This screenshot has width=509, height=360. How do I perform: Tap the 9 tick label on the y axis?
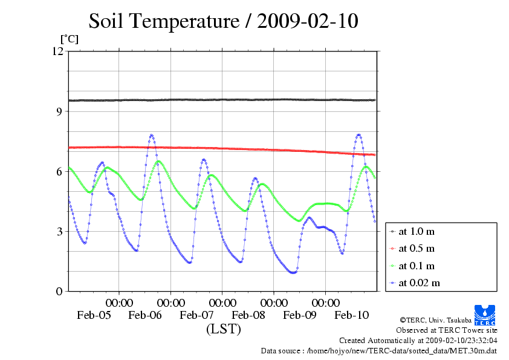(x=59, y=111)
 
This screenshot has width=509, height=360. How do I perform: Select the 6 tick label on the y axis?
(x=59, y=171)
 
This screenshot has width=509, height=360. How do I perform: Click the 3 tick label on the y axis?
(x=59, y=231)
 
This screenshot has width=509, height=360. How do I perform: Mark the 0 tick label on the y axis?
(x=59, y=291)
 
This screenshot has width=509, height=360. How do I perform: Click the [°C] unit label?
(x=69, y=39)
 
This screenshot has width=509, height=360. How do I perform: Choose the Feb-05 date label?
(x=94, y=315)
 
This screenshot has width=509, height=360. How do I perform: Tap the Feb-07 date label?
(x=197, y=315)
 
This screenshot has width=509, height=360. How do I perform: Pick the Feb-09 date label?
(x=300, y=315)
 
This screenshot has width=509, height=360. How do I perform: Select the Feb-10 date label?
(x=352, y=315)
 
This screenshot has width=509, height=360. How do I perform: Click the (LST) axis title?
(x=223, y=329)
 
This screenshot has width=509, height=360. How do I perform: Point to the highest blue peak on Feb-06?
(x=151, y=135)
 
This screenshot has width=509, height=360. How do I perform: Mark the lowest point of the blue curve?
(x=293, y=272)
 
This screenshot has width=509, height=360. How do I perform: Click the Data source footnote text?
(x=378, y=350)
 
